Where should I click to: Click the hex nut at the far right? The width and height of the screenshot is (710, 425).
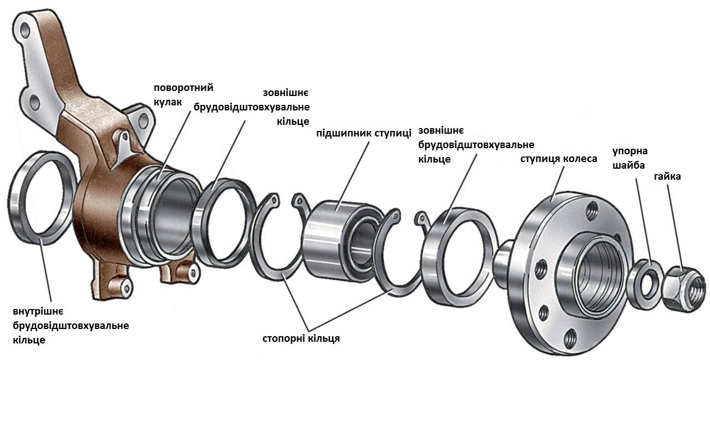682,285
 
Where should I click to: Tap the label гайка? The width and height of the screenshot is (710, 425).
667,176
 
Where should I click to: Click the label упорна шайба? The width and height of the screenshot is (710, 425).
630,158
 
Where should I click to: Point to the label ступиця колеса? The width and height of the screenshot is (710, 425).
559,159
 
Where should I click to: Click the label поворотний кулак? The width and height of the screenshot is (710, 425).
184,95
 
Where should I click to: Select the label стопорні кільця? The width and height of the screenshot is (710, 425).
301,338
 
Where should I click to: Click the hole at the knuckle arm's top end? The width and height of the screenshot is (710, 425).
24,26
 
